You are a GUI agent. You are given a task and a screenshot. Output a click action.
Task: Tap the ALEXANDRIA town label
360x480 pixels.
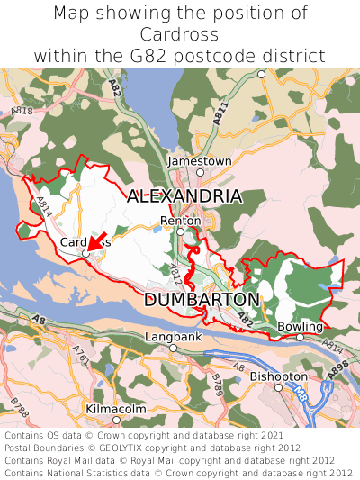pyautogui.click(x=184, y=196)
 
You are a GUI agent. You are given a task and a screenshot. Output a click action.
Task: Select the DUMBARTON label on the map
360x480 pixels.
pyautogui.click(x=202, y=299)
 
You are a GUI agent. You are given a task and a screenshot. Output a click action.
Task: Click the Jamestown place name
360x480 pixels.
pyautogui.click(x=200, y=160)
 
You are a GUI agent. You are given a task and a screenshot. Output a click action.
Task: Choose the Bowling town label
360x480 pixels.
pyautogui.click(x=300, y=326)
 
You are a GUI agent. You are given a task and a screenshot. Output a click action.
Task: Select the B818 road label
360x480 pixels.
pyautogui.click(x=23, y=112)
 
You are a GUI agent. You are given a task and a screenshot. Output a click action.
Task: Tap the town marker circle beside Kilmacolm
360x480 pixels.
pyautogui.click(x=115, y=420)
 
